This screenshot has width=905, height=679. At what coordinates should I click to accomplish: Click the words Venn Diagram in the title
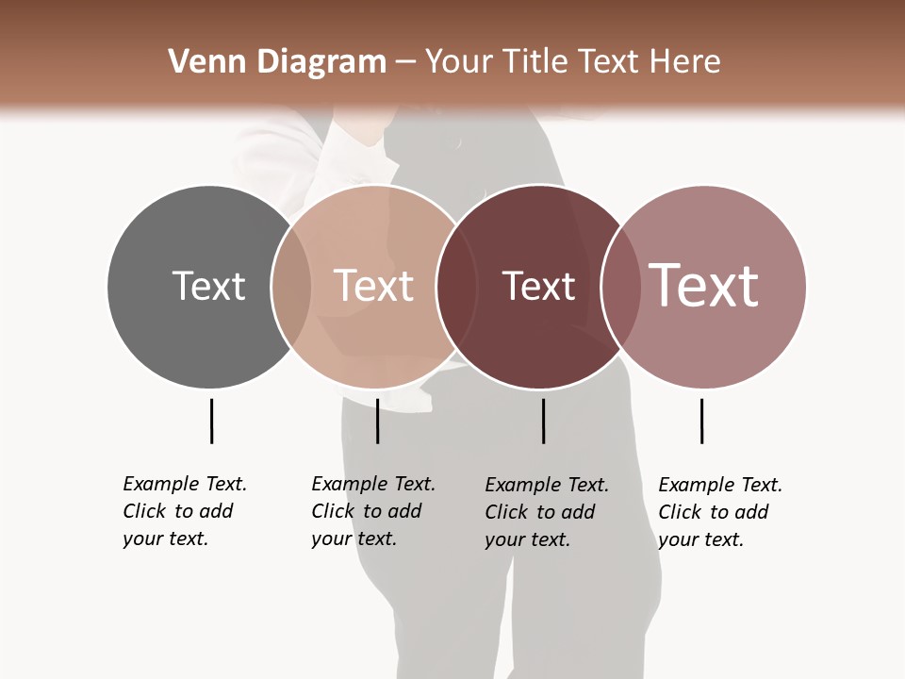(x=277, y=62)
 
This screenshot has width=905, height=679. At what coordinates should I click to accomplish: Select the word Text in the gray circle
(x=208, y=286)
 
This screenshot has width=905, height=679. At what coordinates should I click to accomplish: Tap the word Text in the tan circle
(x=373, y=286)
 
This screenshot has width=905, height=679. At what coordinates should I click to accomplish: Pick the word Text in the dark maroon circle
(x=538, y=286)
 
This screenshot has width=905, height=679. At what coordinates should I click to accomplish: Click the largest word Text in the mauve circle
(x=704, y=285)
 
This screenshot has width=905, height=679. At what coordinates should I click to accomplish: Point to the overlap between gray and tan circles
(x=291, y=286)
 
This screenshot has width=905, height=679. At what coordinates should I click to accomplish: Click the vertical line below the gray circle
(x=211, y=421)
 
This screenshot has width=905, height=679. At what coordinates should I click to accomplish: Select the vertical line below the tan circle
(x=377, y=421)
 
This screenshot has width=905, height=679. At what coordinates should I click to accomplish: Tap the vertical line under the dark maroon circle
(x=543, y=421)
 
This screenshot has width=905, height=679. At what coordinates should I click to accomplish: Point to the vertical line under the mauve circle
(x=701, y=421)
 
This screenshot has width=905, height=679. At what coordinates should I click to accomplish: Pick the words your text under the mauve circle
(x=700, y=539)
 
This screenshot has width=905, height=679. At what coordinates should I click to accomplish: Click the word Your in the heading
(x=460, y=62)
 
